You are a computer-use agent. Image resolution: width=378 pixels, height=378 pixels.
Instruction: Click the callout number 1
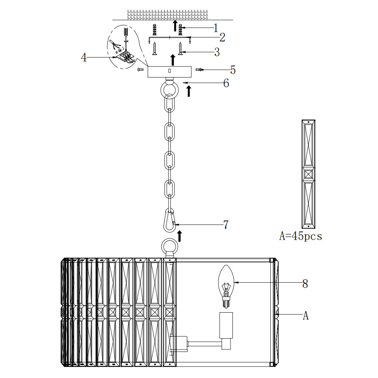pos(216,28)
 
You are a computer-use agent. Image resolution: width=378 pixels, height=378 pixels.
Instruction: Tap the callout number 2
pos(222,37)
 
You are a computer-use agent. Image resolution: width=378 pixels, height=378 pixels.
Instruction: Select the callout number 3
pos(217,52)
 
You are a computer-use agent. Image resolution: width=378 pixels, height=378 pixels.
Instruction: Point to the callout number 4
pos(84,57)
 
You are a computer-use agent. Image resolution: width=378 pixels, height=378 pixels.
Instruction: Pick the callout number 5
pos(232,70)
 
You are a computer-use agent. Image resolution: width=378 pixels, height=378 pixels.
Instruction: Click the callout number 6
pos(226,83)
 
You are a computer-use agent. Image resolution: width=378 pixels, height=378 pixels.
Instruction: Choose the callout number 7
pos(226,225)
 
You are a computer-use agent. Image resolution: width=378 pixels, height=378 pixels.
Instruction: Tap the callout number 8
pos(305,284)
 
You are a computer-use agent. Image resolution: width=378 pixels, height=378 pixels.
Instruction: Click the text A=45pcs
pos(301,236)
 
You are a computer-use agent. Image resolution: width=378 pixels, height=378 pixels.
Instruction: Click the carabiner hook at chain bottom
pos(170,220)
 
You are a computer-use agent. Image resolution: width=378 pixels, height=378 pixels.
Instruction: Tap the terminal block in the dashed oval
pos(125,56)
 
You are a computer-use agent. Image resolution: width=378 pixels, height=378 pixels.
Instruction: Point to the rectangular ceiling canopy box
pos(169,71)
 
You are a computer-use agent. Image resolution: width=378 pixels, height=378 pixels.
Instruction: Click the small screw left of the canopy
pos(140,70)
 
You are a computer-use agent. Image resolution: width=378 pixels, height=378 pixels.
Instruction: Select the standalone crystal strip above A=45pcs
pos(308,174)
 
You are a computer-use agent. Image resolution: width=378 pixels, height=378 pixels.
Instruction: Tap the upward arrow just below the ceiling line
pos(175,26)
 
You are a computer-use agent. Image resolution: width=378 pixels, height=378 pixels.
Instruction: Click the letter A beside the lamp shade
pos(305,315)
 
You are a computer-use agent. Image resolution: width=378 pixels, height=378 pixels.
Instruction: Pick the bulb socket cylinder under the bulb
pos(226,325)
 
